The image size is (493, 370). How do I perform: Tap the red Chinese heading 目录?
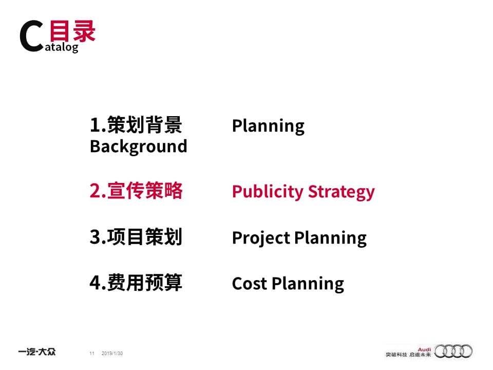pos(72,31)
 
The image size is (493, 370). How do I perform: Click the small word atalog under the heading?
pos(62,47)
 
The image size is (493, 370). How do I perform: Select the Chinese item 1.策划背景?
pos(136,124)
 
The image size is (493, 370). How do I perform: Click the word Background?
pos(138,146)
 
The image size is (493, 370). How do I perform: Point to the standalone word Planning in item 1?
pos(268,126)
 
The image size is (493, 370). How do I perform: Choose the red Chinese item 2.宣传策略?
pos(136,190)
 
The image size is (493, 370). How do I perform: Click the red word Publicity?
pos(268,192)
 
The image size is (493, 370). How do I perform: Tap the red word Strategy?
pos(342,192)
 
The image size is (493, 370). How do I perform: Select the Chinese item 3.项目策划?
pos(136,236)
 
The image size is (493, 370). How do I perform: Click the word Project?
pos(261,238)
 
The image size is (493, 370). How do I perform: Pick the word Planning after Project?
pos(330,238)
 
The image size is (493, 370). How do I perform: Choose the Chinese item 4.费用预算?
pos(136,283)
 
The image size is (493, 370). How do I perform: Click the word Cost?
pos(250,284)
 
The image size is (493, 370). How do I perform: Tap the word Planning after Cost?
pos(308,284)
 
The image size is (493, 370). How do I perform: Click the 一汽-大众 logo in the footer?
pos(37,351)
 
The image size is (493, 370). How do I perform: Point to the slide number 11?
pos(92,354)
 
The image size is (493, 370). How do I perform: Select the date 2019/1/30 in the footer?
pos(112,354)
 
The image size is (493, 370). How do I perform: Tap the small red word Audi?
pos(424,349)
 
